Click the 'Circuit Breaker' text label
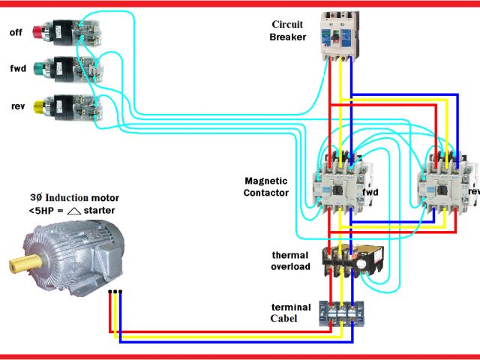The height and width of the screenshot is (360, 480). point(288,31)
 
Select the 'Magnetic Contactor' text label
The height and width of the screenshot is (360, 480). point(266,187)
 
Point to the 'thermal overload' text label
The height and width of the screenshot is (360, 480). point(290,261)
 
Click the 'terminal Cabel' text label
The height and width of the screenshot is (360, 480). point(290,313)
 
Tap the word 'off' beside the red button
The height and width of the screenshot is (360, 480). point(16,32)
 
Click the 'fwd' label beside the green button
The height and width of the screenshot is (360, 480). point(17,69)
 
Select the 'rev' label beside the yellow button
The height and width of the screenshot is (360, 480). point(17,106)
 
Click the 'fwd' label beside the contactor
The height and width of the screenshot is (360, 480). point(370,192)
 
